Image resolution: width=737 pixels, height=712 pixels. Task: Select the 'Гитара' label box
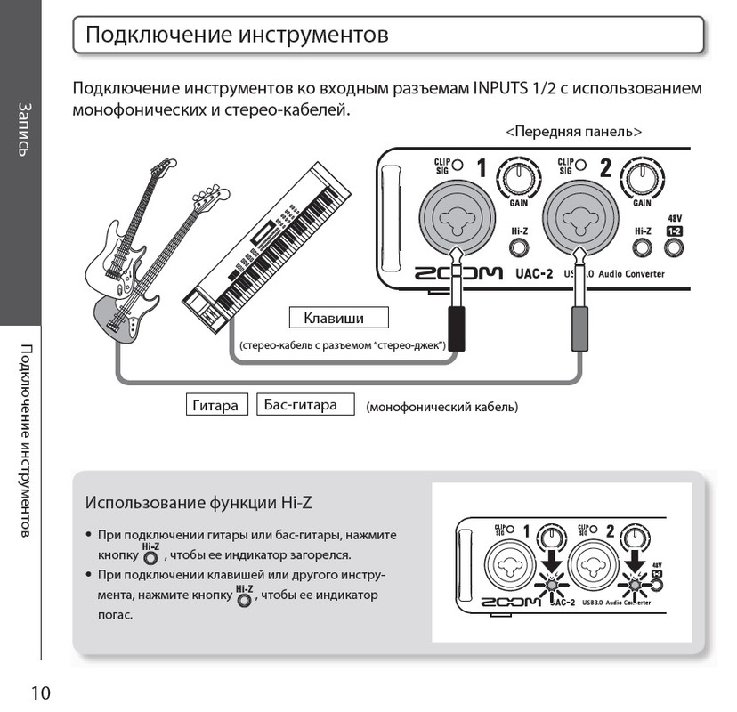(216, 405)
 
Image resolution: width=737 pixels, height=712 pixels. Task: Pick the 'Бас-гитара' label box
(305, 405)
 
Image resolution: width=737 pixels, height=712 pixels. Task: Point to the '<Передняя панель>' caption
(573, 131)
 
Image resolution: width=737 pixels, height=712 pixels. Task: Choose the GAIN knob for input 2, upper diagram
(641, 175)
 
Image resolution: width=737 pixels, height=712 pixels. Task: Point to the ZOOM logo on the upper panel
(458, 274)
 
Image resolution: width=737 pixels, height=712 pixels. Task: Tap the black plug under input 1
(456, 325)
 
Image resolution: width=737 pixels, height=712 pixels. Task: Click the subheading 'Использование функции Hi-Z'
(198, 502)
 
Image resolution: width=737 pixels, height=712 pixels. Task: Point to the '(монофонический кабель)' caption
(441, 408)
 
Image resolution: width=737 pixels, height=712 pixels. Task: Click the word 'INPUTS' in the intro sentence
(501, 90)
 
